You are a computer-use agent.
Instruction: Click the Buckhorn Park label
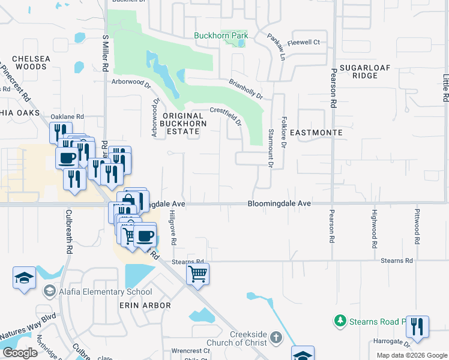(221, 35)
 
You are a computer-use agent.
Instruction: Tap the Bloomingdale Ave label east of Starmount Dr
(279, 204)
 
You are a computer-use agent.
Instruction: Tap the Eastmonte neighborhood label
(316, 132)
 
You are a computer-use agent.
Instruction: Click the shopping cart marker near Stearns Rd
(197, 275)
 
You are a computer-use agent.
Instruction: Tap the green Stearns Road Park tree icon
(340, 321)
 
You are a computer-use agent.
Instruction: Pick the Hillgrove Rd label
(172, 227)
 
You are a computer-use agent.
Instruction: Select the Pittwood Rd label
(417, 226)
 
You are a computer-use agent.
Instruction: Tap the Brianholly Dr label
(246, 89)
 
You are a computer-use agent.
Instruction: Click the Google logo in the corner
(20, 353)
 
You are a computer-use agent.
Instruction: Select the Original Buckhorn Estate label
(183, 123)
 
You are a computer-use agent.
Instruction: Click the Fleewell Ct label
(304, 43)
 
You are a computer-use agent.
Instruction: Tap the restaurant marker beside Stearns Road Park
(417, 326)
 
